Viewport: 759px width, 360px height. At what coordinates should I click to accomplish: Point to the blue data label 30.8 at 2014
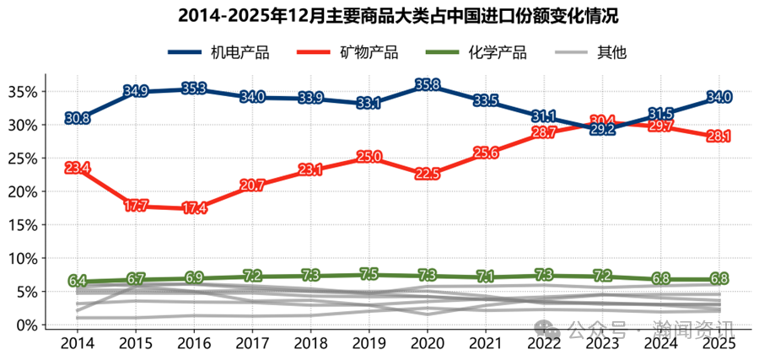click(78, 119)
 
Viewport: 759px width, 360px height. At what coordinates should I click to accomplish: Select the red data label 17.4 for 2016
click(194, 208)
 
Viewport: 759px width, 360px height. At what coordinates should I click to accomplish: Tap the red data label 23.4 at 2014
click(78, 169)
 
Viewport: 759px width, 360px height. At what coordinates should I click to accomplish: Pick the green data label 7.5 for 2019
click(369, 275)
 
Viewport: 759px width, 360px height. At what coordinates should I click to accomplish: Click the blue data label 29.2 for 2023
click(602, 130)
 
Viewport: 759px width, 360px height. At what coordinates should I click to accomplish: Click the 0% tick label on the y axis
click(26, 325)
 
